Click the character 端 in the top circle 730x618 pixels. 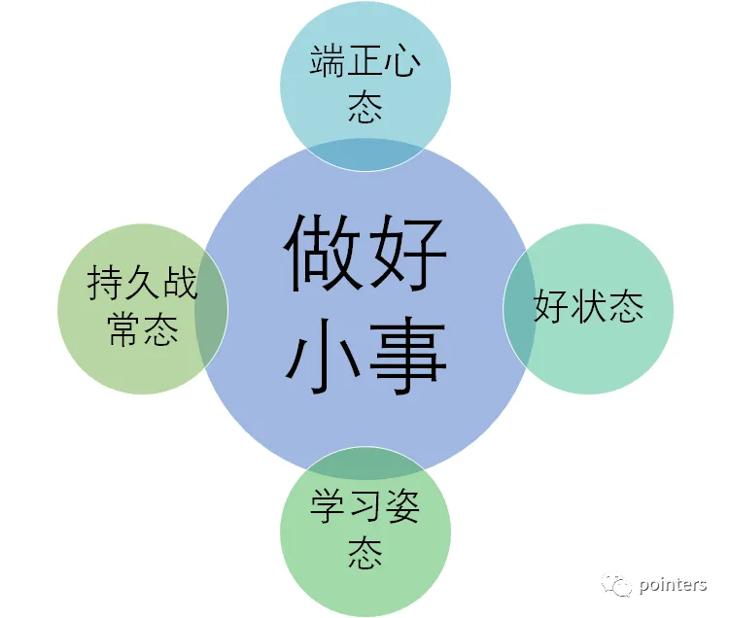coord(329,60)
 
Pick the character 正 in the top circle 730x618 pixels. coord(365,60)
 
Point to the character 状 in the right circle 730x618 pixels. coord(588,307)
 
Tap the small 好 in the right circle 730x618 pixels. coord(551,307)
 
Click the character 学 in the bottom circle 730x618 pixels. coord(329,507)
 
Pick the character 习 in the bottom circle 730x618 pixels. coord(365,507)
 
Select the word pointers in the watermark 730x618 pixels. coord(674,584)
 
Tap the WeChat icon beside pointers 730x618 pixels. coord(619,584)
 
